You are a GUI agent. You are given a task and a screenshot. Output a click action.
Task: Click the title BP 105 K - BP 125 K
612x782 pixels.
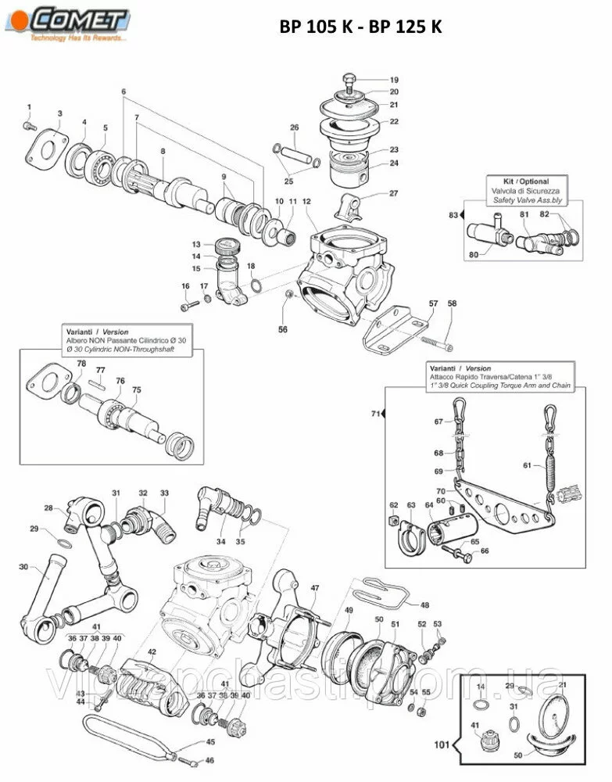point(361,27)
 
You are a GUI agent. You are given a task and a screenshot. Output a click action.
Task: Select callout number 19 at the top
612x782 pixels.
point(394,81)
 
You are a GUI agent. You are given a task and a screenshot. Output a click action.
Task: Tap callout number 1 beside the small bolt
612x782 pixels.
point(30,106)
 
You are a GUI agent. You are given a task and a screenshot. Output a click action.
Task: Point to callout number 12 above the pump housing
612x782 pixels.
point(306,202)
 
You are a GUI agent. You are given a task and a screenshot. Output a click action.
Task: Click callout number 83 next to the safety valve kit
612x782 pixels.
point(452,213)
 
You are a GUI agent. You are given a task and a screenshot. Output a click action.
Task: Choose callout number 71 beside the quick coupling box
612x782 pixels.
point(375,413)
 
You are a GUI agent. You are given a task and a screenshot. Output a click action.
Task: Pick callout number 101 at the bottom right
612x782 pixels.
point(442,745)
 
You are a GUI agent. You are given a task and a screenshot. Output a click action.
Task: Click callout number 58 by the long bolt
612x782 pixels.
point(452,303)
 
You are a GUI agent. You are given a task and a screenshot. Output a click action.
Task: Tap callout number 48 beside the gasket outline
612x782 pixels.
point(424,604)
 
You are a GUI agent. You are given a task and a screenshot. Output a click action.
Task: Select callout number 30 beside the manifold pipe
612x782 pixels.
point(23,567)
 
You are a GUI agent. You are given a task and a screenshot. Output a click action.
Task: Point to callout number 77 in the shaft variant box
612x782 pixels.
point(100,370)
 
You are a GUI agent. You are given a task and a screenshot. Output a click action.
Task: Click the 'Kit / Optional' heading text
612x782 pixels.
point(524,181)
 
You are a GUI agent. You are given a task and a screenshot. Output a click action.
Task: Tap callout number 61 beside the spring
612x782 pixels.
point(528,466)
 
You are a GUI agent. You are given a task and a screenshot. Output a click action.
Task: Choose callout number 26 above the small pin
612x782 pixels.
point(295,127)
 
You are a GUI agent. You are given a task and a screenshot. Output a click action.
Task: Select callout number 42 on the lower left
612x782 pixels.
point(152,651)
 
